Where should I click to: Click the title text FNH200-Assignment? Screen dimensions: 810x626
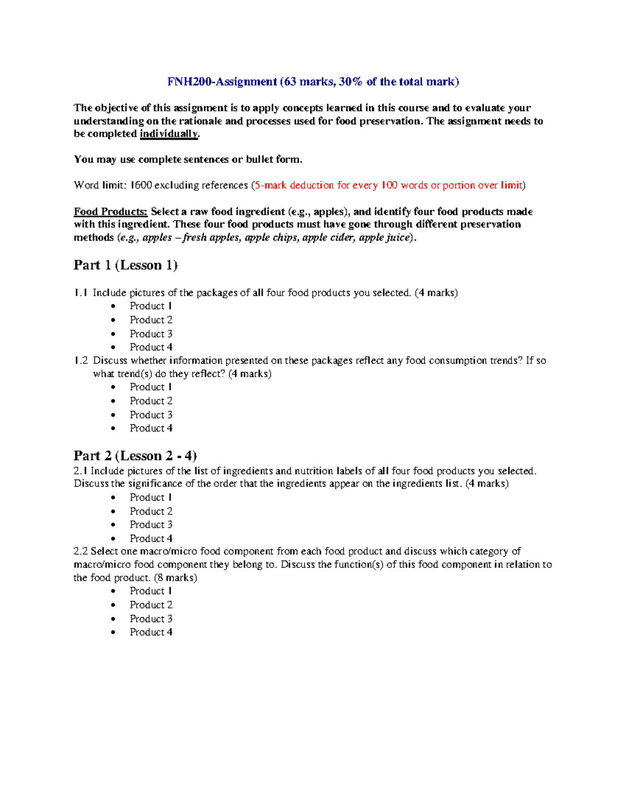coord(222,81)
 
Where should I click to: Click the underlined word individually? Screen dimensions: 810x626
coord(169,134)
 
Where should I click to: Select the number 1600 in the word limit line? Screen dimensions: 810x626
coord(141,185)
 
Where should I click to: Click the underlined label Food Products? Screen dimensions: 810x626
coord(111,212)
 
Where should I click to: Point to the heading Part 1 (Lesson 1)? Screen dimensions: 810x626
coord(126,265)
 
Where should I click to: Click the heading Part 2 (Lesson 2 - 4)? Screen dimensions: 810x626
coord(135,456)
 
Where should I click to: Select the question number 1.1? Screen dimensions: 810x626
coord(81,293)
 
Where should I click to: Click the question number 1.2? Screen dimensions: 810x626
coord(81,360)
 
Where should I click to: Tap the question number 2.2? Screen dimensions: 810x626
coord(81,551)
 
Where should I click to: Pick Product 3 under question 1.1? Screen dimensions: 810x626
coord(151,334)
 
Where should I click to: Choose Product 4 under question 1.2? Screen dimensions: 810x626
coord(151,428)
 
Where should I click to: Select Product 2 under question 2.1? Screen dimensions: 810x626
coord(151,511)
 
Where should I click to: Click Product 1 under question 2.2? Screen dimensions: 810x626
coord(151,591)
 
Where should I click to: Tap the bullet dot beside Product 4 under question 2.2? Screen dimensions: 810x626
coord(114,633)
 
